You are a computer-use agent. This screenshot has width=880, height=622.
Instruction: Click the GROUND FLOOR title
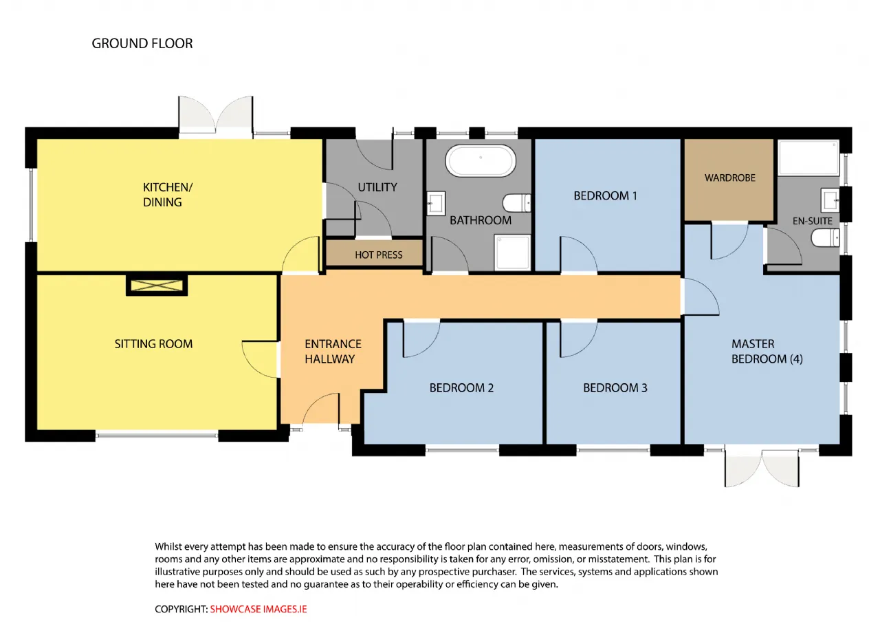142,43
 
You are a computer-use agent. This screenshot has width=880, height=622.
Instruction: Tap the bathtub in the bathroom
480,160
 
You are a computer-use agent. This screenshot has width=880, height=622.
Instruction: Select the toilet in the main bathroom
516,203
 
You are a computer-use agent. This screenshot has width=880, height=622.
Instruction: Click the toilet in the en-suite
826,238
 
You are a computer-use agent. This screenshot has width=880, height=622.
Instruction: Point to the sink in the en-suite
830,200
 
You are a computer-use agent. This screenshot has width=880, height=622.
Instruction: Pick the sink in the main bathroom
436,203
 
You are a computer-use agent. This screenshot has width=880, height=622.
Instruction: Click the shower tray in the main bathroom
512,253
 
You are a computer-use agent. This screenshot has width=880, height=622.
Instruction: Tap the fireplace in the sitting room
157,286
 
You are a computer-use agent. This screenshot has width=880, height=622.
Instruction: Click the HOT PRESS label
378,255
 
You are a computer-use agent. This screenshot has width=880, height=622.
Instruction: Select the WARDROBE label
729,178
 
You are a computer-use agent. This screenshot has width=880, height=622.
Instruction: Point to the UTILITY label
377,187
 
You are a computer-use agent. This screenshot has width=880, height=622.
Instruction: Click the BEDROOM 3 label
615,388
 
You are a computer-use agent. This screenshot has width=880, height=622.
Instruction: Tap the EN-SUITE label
812,221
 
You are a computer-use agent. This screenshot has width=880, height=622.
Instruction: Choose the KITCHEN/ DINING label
168,195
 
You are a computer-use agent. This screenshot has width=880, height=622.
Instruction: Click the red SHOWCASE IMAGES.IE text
258,609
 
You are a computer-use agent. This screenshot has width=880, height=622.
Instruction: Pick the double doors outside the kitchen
215,115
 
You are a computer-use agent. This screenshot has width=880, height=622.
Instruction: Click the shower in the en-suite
808,158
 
